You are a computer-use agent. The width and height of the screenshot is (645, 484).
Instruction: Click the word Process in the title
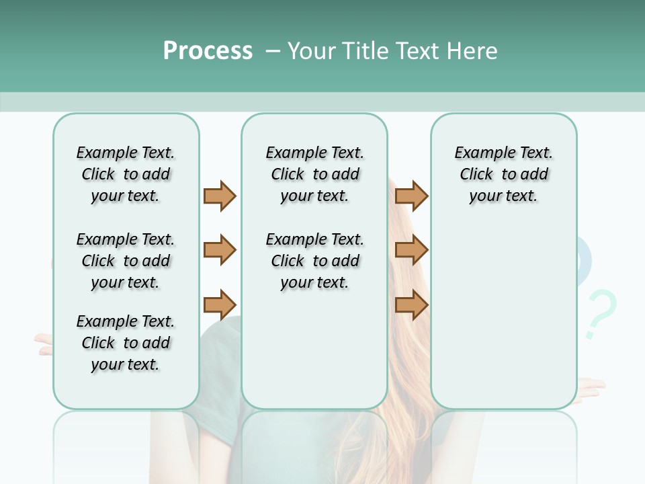coord(208,51)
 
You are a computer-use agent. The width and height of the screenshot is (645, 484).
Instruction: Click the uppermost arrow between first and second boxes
coord(220,196)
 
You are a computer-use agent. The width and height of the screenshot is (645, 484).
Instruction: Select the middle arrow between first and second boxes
coord(220,250)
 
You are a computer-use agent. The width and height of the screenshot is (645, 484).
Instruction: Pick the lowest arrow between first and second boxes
coord(220,305)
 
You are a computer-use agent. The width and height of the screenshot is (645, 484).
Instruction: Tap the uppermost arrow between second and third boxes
coord(411,196)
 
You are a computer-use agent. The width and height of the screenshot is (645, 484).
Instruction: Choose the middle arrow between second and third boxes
coord(411,250)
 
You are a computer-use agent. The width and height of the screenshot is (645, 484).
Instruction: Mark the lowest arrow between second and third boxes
coord(411,305)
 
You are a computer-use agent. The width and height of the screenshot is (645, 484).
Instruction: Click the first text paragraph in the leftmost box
coord(126,174)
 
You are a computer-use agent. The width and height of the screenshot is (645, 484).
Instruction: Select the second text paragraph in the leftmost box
coord(126,261)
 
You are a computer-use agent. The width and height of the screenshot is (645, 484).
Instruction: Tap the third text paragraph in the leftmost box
coord(126,343)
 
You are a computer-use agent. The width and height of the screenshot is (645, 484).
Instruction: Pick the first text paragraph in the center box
coord(314,174)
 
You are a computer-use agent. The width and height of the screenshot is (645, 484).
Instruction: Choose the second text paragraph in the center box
coord(314,261)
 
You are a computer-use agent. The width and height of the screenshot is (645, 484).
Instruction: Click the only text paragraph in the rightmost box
coord(503,174)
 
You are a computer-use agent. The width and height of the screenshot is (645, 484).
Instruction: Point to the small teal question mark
coord(599,313)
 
